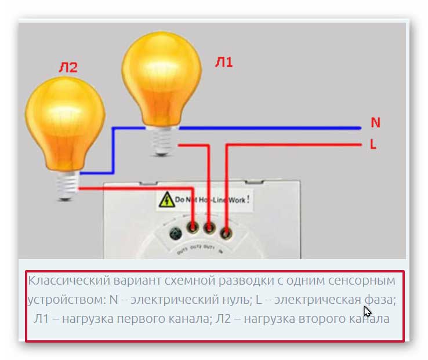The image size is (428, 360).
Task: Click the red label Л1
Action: pos(224,61)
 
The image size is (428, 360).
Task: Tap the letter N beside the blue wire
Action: pos(375,123)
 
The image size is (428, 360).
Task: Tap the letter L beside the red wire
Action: pos(373,145)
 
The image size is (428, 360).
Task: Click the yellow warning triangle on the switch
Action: pos(167,201)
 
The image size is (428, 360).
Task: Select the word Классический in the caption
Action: pos(62,281)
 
